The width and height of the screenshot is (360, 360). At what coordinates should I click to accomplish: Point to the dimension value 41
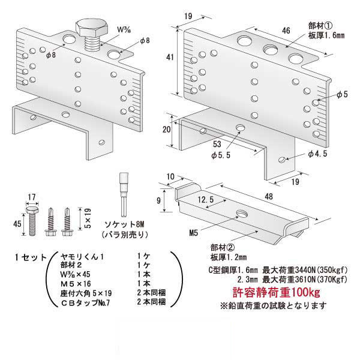pos(170,58)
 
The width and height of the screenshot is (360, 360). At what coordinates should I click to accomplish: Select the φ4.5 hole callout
pos(317,155)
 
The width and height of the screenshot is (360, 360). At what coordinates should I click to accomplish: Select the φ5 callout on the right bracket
pos(343,94)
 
